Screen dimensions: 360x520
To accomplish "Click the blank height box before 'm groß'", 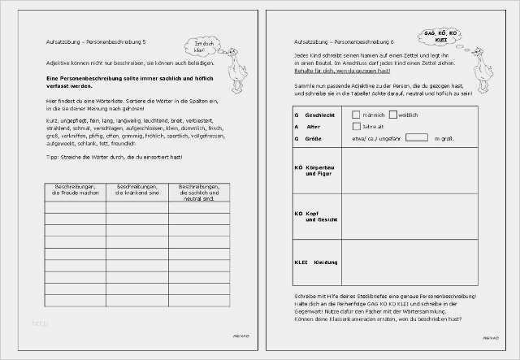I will [x=417, y=138].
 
